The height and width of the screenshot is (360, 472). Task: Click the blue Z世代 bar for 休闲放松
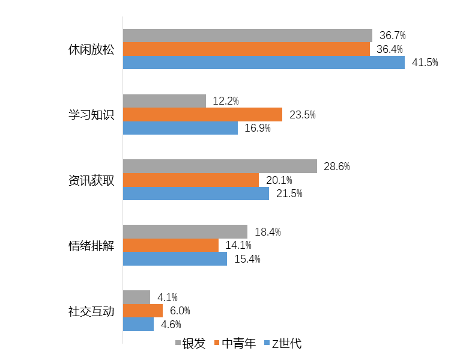(264, 63)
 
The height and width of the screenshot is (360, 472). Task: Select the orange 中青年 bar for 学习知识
(202, 114)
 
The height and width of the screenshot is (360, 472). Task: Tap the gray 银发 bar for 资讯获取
(220, 166)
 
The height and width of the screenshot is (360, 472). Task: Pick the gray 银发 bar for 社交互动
(136, 297)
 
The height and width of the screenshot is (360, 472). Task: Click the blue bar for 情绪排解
(175, 259)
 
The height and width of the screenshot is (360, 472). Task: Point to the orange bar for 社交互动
(143, 311)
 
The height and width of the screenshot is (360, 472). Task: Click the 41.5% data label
(425, 63)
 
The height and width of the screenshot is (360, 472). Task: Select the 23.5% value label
(302, 115)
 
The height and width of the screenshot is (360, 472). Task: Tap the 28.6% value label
(336, 166)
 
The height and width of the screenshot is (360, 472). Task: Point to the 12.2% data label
(226, 101)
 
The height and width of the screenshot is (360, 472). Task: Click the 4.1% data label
(168, 297)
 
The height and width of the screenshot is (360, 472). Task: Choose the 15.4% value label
(247, 259)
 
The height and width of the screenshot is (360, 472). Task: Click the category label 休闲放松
(91, 49)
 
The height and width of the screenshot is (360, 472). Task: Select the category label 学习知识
(91, 114)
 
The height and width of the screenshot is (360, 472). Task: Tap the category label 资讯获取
(91, 180)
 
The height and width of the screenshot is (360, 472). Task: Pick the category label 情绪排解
(91, 245)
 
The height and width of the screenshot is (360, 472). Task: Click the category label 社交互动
(91, 311)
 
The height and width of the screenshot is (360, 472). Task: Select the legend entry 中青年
(238, 344)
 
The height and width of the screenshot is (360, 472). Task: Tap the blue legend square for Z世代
(267, 344)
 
